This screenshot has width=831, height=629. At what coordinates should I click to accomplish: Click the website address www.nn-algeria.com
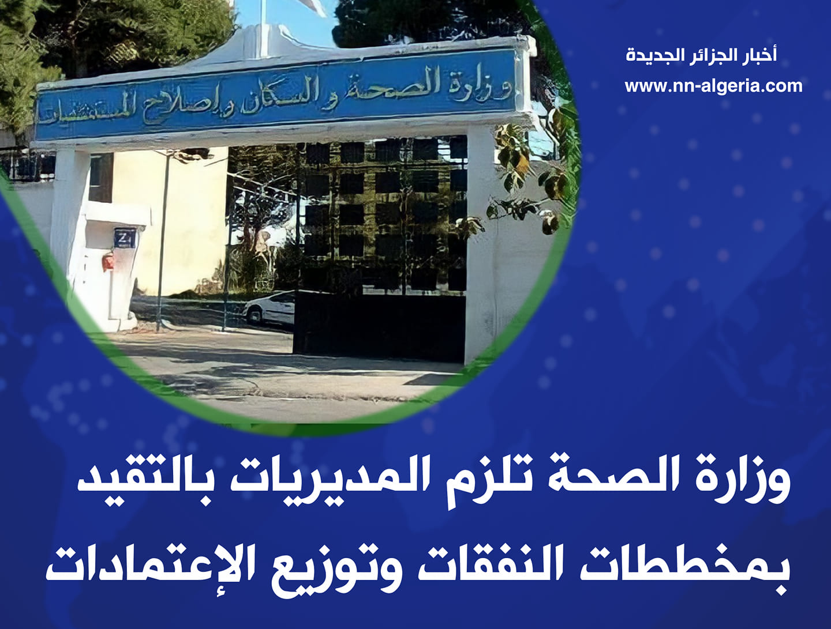click(x=713, y=86)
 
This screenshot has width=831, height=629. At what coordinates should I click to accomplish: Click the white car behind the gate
click(x=269, y=307)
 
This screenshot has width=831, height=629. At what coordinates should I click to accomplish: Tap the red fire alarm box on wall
click(x=108, y=262)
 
